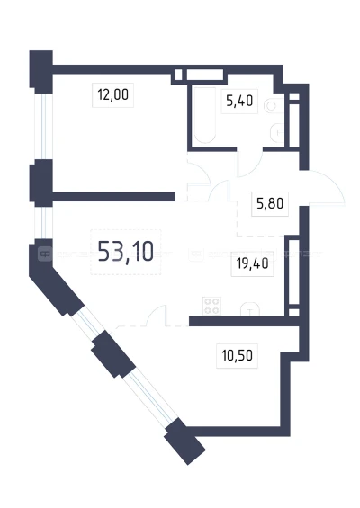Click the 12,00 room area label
(x=112, y=95)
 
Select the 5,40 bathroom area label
(x=239, y=101)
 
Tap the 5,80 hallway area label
(x=270, y=204)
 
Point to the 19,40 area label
(x=252, y=263)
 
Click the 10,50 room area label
(x=237, y=356)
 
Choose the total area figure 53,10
(x=125, y=252)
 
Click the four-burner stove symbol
(x=211, y=306)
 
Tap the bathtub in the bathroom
(x=205, y=115)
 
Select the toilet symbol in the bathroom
(x=274, y=105)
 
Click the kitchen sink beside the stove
(x=250, y=309)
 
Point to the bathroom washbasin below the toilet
(x=277, y=133)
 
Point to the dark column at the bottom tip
(x=184, y=441)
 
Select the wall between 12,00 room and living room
(x=113, y=197)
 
